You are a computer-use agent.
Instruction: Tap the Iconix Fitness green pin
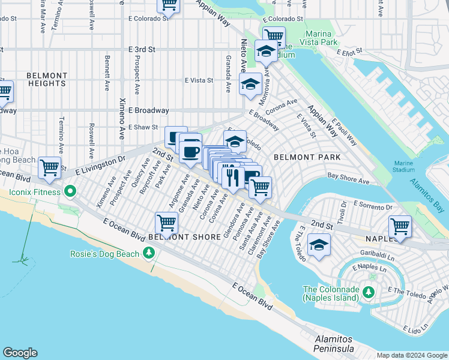(70, 193)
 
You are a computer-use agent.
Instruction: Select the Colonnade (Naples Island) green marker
(368, 292)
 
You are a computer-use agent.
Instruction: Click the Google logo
(20, 353)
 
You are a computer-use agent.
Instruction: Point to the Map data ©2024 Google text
(412, 355)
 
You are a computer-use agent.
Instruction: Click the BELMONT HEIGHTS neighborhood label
(47, 79)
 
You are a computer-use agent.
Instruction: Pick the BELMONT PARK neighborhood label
(307, 157)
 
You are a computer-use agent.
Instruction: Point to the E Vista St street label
(199, 80)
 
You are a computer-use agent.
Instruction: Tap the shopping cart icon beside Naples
(400, 226)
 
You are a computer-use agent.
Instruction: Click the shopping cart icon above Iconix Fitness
(49, 167)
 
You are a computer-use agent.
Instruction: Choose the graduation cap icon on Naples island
(319, 245)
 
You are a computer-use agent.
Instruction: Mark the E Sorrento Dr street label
(372, 206)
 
